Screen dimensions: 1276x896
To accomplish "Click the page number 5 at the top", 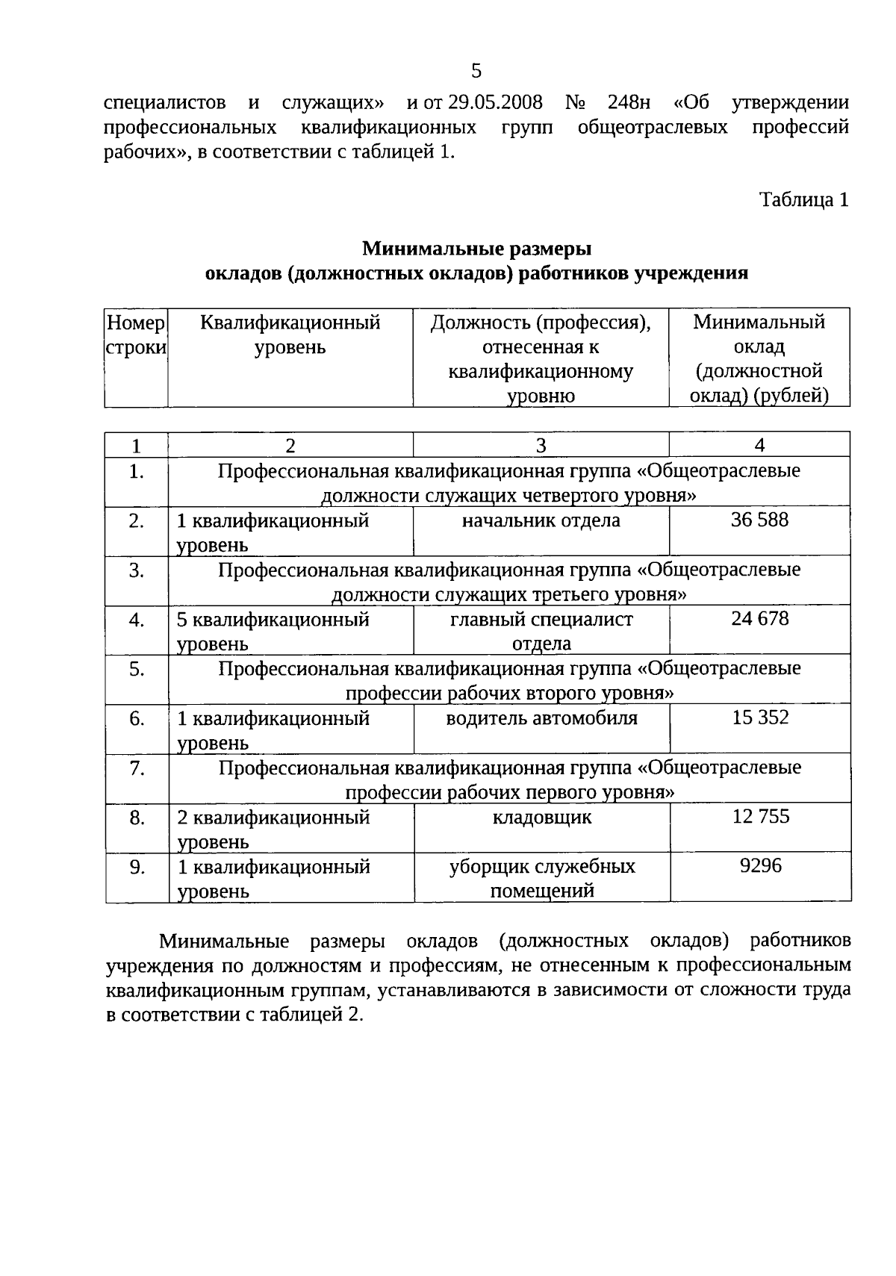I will [x=476, y=72].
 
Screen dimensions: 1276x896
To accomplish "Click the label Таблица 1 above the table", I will [x=803, y=200].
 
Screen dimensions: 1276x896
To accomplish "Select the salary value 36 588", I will [x=759, y=520].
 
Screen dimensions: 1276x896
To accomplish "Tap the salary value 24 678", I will [x=759, y=619].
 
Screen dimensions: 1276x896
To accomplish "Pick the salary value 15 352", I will [x=760, y=718].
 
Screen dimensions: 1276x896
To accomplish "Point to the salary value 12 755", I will [x=760, y=817].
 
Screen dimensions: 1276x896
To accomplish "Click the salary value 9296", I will [x=760, y=866].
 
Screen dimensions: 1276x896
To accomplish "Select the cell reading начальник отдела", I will [x=541, y=520].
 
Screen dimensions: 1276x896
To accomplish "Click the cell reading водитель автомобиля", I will [x=541, y=718].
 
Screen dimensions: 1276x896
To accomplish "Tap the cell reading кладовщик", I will [x=541, y=818].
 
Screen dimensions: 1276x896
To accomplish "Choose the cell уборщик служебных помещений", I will [x=541, y=878].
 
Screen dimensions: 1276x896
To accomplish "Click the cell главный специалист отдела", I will [x=541, y=631].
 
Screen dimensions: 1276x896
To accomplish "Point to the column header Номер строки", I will [x=136, y=335].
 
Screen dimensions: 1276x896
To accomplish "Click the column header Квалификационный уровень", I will [x=290, y=335].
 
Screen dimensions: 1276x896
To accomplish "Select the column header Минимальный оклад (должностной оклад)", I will [x=759, y=358].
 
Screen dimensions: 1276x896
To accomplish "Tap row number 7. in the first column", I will [x=137, y=768].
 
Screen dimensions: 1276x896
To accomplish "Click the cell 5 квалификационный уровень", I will [x=273, y=631].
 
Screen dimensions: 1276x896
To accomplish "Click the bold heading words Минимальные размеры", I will [x=476, y=248].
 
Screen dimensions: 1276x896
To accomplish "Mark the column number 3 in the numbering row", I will [x=541, y=446].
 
